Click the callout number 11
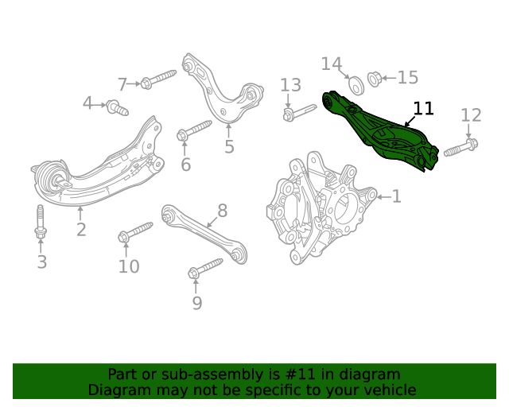pyautogui.click(x=424, y=109)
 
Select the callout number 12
pyautogui.click(x=471, y=116)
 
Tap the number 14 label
pyautogui.click(x=332, y=64)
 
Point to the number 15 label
pyautogui.click(x=407, y=77)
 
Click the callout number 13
pyautogui.click(x=290, y=85)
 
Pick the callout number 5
pyautogui.click(x=229, y=146)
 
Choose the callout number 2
pyautogui.click(x=81, y=231)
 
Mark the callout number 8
pyautogui.click(x=222, y=211)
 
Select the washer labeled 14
pyautogui.click(x=356, y=84)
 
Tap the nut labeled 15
pyautogui.click(x=375, y=80)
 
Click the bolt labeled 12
pyautogui.click(x=461, y=148)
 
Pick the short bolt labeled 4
pyautogui.click(x=117, y=107)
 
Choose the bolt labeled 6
pyautogui.click(x=193, y=130)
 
